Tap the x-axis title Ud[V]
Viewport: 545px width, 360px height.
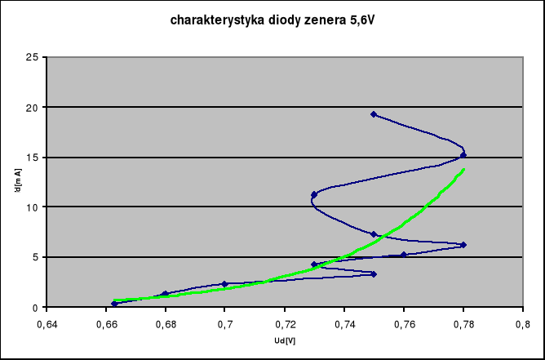pyautogui.click(x=285, y=340)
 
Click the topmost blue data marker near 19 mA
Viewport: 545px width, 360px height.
pyautogui.click(x=374, y=114)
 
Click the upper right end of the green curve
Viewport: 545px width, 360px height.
pyautogui.click(x=463, y=170)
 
